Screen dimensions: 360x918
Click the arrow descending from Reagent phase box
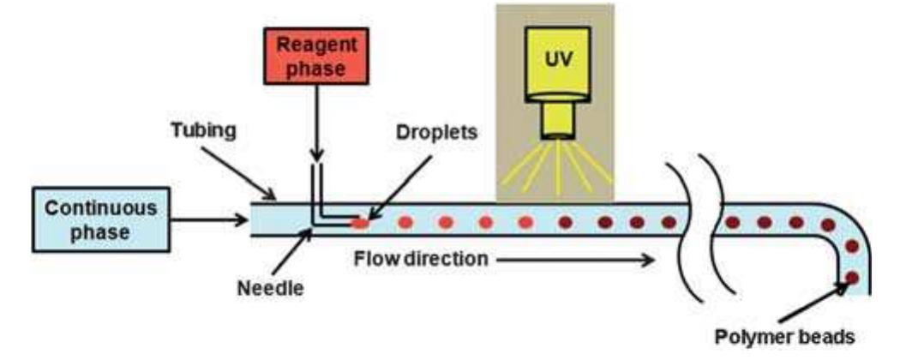(x=316, y=129)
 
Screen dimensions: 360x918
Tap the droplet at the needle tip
(x=360, y=224)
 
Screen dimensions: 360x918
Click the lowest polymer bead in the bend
(x=852, y=277)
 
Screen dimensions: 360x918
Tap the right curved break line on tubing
(x=713, y=219)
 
